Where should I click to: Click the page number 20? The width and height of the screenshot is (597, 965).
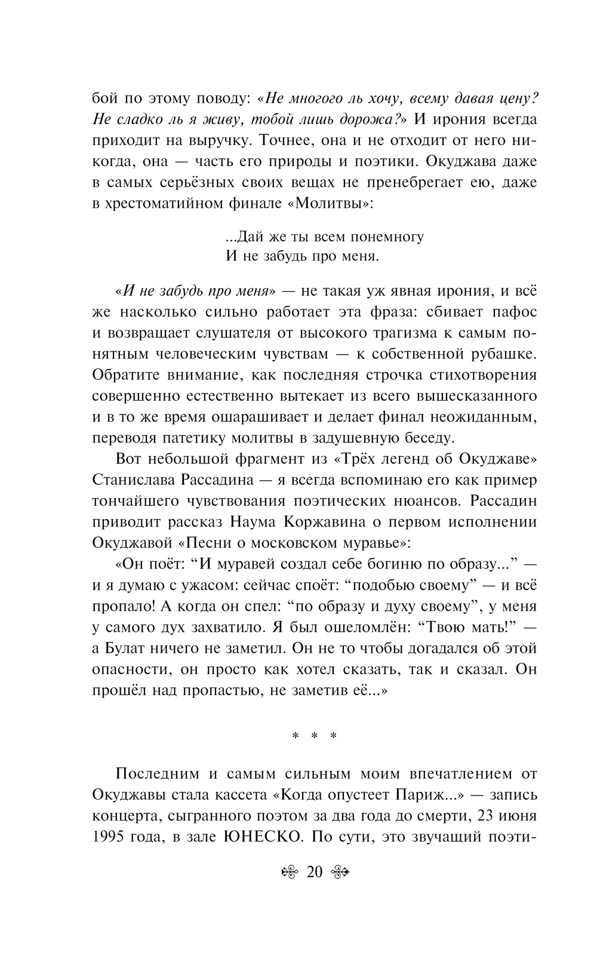coord(314,872)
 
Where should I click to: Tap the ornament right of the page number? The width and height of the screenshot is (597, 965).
coord(339,873)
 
